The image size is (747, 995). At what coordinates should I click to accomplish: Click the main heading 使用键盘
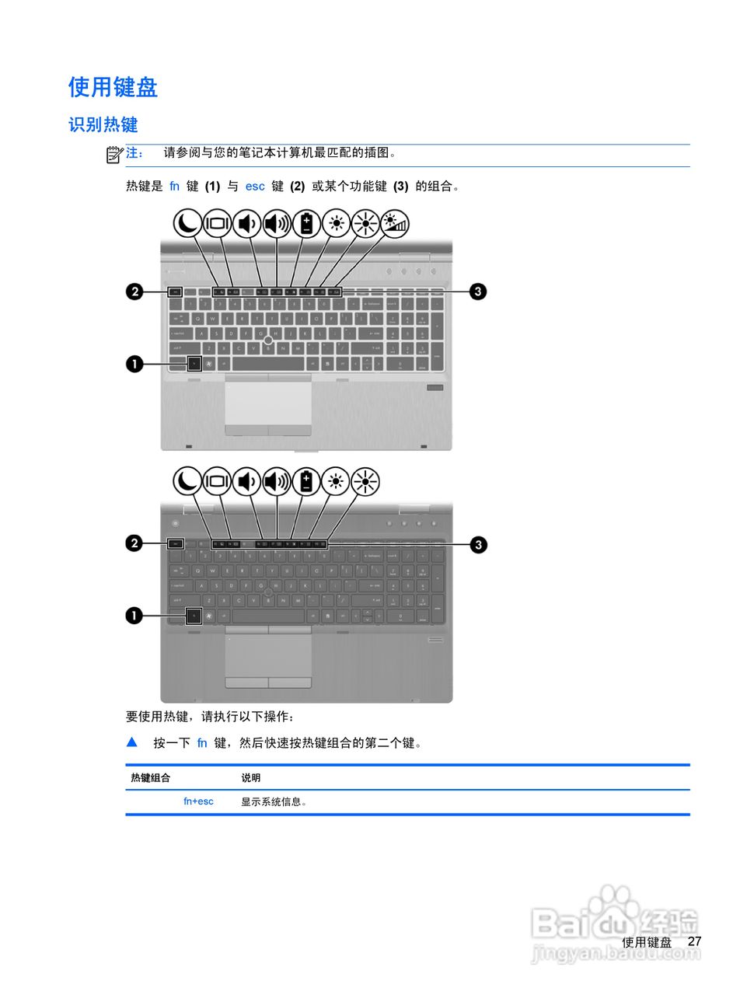[x=113, y=87]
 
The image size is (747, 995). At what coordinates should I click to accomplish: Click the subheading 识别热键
[x=103, y=124]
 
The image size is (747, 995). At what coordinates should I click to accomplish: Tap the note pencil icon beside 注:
[x=114, y=154]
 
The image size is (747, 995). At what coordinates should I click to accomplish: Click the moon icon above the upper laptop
[x=187, y=224]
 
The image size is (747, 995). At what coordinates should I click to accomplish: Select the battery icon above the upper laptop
[x=306, y=224]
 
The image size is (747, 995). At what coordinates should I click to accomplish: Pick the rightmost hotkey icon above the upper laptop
[x=395, y=224]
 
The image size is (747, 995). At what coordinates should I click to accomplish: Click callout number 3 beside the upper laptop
[x=478, y=292]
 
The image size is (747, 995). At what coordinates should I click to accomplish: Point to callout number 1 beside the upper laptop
[x=134, y=363]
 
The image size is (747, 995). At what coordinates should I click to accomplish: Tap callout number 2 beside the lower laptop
[x=134, y=543]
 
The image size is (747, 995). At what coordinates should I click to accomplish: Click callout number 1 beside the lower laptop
[x=134, y=616]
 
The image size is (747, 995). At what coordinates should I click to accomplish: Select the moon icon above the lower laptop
[x=187, y=481]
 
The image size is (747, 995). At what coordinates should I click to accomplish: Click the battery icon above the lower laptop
[x=306, y=481]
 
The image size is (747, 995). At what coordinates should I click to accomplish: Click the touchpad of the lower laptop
[x=268, y=655]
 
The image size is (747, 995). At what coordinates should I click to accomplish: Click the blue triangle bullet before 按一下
[x=132, y=742]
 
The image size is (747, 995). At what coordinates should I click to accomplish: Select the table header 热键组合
[x=150, y=777]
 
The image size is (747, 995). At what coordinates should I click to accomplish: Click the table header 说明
[x=250, y=777]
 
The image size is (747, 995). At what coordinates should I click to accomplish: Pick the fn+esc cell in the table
[x=198, y=801]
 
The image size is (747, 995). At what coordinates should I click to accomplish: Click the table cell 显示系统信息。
[x=274, y=801]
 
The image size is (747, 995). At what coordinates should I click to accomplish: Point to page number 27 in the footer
[x=694, y=941]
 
